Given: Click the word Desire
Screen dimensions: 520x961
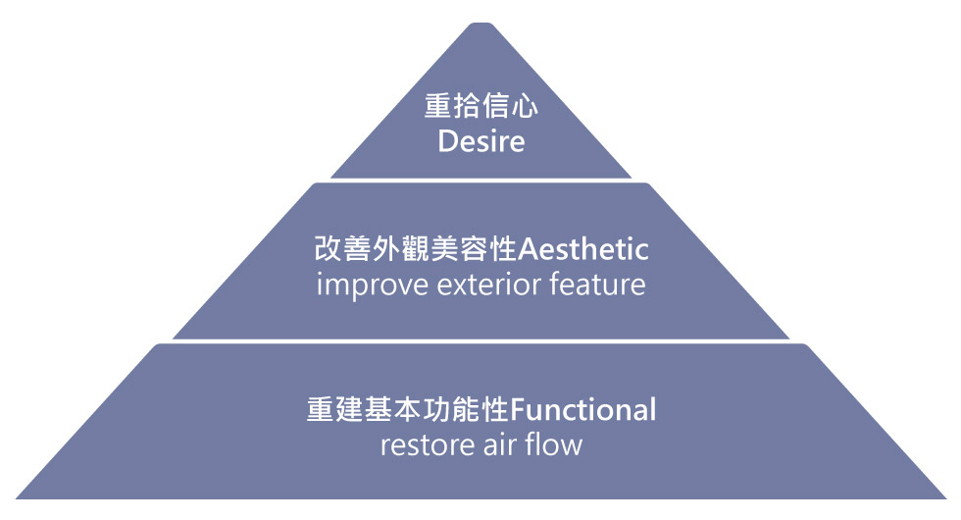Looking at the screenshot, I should click(x=480, y=141).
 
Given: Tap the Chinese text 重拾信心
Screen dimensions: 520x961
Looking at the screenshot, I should click(x=480, y=106).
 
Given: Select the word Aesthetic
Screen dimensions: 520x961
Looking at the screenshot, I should click(x=582, y=250).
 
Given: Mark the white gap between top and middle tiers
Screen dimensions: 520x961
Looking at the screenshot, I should click(x=480, y=181).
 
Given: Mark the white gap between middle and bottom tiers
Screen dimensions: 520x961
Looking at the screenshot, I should click(x=480, y=341).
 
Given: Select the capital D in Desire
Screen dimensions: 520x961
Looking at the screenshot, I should click(x=447, y=141).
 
